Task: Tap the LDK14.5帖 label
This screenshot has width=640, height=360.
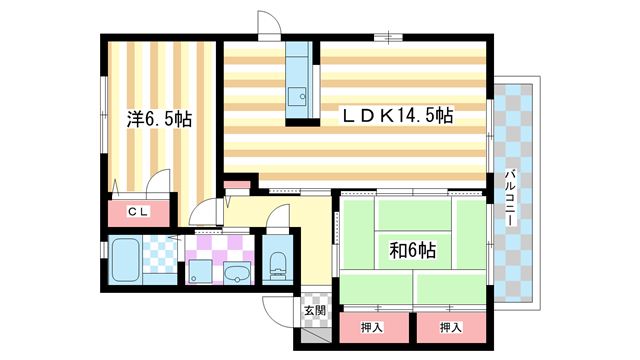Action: (398, 116)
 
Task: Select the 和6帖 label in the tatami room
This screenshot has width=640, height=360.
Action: (413, 246)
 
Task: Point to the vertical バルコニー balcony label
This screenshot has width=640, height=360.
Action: (510, 199)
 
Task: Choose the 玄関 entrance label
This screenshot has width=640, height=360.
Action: (314, 310)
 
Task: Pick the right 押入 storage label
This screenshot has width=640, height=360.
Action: (450, 327)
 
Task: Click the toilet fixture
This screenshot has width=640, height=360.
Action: (277, 265)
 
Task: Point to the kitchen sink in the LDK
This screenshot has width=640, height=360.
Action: (299, 96)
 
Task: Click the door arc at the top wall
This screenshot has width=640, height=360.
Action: (270, 25)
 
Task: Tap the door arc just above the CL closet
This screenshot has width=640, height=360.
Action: (157, 185)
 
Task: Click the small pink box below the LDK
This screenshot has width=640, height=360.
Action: (236, 185)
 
